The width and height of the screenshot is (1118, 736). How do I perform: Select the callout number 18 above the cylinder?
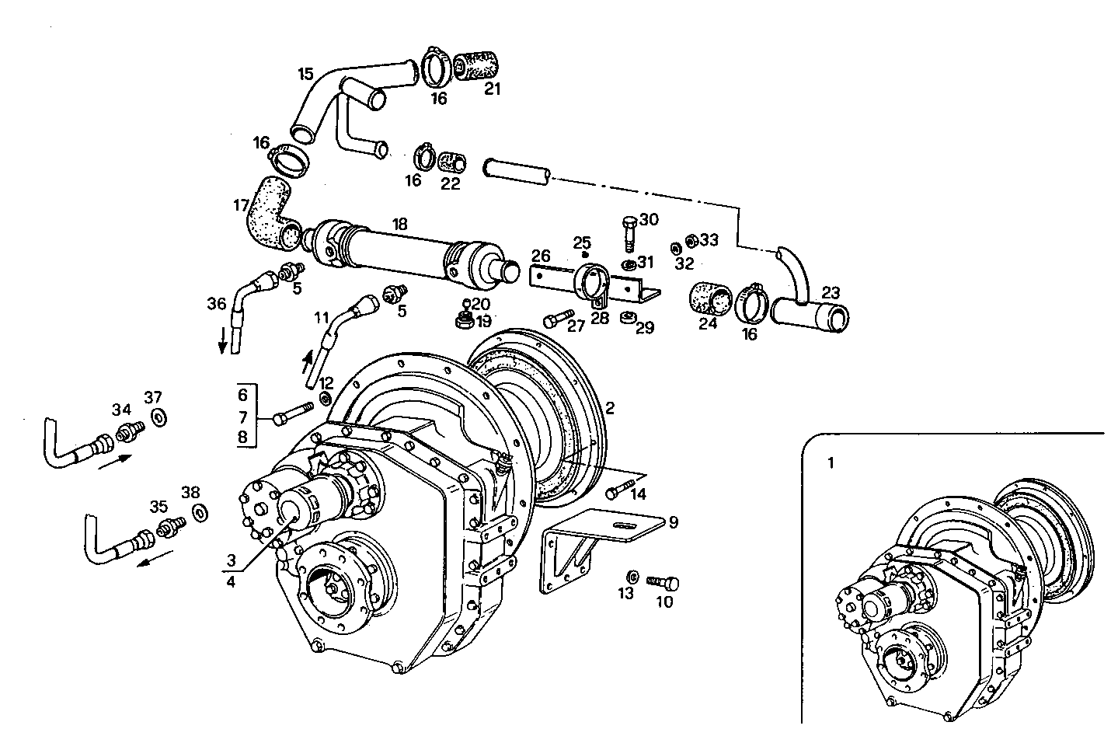tap(399, 224)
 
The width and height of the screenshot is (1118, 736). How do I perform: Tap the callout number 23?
tap(831, 293)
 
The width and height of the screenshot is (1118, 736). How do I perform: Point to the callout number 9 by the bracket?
tap(673, 522)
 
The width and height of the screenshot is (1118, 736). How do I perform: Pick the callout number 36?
tap(218, 302)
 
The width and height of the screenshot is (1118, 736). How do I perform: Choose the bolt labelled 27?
tap(557, 319)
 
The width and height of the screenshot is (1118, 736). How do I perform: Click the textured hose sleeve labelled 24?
tap(710, 299)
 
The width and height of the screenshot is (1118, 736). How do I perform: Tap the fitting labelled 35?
tap(170, 527)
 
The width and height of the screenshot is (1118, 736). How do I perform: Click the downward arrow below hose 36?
tap(223, 340)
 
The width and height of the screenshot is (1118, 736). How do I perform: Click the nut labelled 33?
tap(689, 241)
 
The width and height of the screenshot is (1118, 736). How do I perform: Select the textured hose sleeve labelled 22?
tap(452, 162)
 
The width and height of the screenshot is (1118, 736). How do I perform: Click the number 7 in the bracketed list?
tap(242, 417)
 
